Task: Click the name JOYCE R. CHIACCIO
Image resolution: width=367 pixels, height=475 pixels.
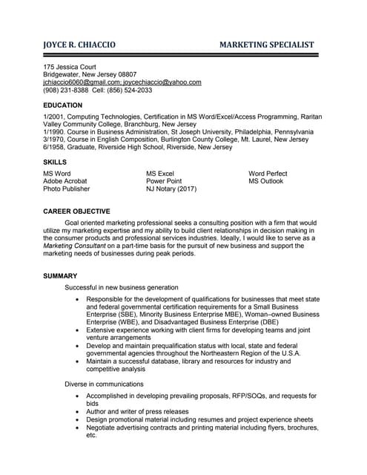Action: [x=79, y=45]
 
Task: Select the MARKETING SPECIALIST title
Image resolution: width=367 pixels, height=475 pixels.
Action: [x=267, y=45]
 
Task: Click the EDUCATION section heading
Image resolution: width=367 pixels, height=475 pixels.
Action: [x=62, y=105]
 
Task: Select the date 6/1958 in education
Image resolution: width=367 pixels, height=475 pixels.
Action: [x=53, y=147]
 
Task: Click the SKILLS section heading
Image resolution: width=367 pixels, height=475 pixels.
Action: [x=55, y=162]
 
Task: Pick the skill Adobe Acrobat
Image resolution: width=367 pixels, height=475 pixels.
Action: [x=65, y=181]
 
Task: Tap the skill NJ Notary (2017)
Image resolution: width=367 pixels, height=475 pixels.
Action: [x=171, y=189]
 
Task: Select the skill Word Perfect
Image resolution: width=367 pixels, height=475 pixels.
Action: [x=268, y=174]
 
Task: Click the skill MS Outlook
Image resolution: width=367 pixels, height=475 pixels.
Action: [x=265, y=181]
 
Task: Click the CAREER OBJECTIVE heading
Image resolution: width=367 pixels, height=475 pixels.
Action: [x=76, y=211]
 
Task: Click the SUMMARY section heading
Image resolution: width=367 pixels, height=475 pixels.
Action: [x=60, y=276]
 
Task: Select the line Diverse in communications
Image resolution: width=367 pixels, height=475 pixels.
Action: [x=104, y=384]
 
